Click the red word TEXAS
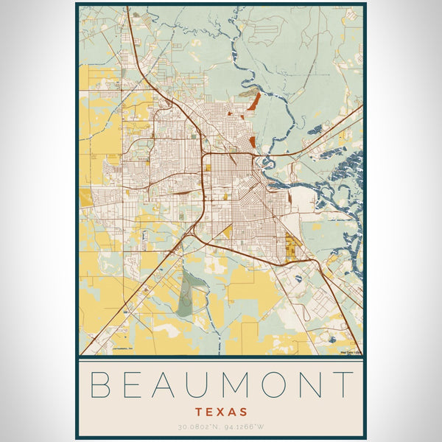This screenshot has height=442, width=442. tap(221, 412)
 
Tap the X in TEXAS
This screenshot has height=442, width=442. tap(221, 412)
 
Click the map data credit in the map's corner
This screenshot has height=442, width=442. tap(351, 351)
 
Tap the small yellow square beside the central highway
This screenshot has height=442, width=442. tap(208, 168)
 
